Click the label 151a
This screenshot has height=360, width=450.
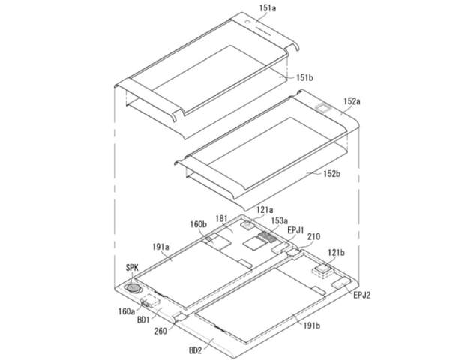click(268, 8)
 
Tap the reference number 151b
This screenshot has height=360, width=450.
click(304, 77)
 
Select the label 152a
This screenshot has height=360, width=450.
click(352, 101)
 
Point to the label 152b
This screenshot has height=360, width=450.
click(331, 174)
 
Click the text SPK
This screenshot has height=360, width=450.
click(132, 268)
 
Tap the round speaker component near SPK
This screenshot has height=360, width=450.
click(133, 288)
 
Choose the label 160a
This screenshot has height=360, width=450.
click(126, 311)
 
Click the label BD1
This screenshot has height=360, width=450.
click(143, 319)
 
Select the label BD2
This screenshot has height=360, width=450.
click(195, 350)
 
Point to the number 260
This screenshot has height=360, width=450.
click(160, 331)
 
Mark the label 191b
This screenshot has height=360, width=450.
click(312, 325)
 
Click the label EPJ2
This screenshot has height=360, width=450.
click(361, 295)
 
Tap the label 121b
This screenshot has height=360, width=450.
click(336, 253)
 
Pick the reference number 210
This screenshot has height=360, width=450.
click(313, 236)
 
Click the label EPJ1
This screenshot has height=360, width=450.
click(296, 230)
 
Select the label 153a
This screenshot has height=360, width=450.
click(279, 220)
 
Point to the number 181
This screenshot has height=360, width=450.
click(221, 219)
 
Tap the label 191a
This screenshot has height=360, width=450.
click(160, 247)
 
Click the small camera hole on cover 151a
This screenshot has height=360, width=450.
click(247, 22)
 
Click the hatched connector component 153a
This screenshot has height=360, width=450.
click(267, 237)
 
